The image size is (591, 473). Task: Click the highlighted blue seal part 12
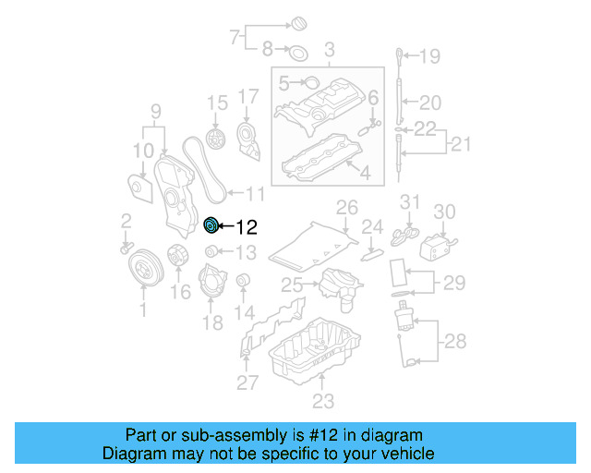[x=210, y=224]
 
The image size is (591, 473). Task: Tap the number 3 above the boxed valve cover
[x=328, y=48]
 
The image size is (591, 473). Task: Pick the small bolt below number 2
[x=125, y=247]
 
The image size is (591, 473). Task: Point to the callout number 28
[x=454, y=343]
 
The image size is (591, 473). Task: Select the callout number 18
[x=212, y=322]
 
